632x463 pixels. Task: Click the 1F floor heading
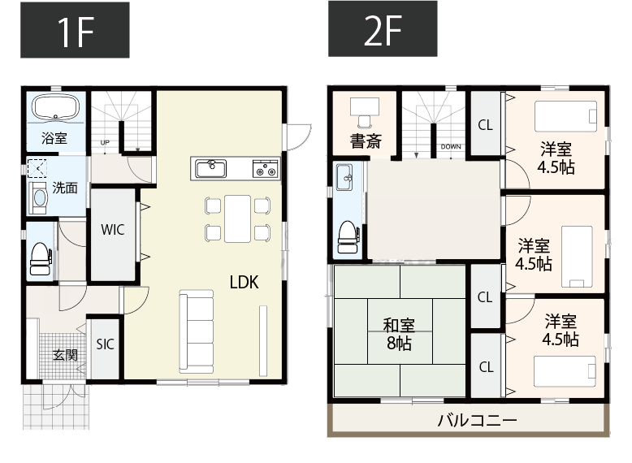tap(74, 30)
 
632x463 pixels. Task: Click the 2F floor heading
tap(383, 30)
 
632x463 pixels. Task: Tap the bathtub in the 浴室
tap(54, 108)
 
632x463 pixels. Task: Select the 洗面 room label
tap(65, 188)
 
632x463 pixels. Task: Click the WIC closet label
tap(113, 230)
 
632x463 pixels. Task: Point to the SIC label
tap(106, 344)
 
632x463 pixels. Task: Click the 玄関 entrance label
tap(65, 355)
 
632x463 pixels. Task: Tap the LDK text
tap(243, 283)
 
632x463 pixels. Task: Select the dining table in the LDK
tap(237, 219)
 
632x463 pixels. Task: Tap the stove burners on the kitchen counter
tap(266, 169)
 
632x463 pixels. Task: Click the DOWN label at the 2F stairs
tap(451, 147)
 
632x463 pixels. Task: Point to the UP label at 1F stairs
tap(104, 144)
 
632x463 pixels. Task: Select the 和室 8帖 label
tap(399, 334)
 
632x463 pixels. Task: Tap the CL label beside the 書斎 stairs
tap(485, 125)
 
